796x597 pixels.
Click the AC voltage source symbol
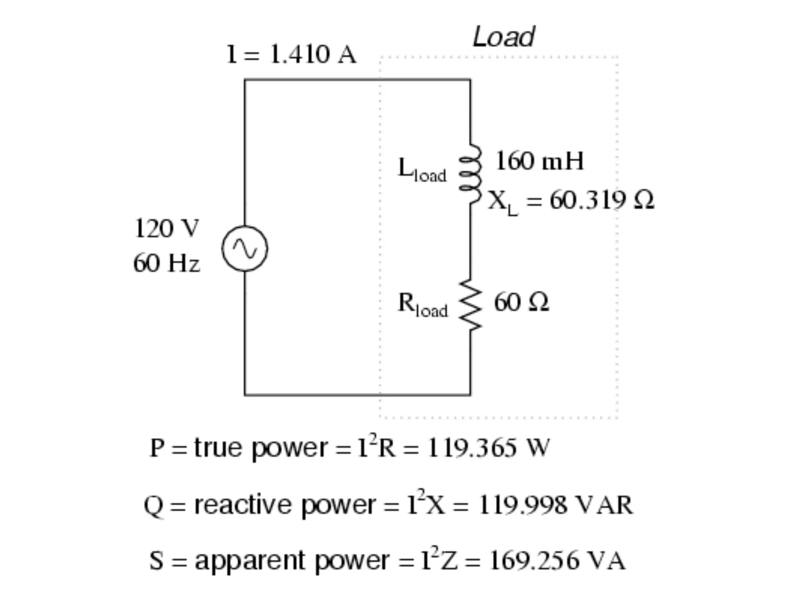[x=245, y=248]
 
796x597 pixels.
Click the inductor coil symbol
[x=470, y=173]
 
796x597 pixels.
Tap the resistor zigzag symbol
[x=470, y=305]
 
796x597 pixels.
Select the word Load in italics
[x=503, y=37]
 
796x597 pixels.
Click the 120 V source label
[x=166, y=228]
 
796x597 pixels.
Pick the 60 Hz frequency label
[x=166, y=263]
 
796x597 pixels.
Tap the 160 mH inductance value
[x=539, y=161]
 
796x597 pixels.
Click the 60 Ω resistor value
[x=521, y=302]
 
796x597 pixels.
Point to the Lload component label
[x=422, y=170]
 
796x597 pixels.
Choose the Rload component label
[x=422, y=305]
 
